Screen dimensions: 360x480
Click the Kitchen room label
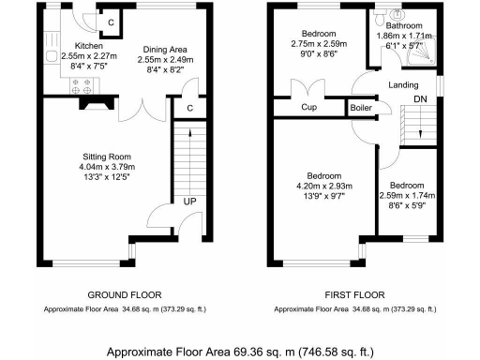62,45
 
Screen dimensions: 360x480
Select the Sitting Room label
105,157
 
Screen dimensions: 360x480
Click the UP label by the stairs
188,201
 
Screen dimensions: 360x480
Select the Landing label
404,85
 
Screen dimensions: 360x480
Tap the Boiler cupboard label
362,108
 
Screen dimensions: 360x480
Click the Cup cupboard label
307,108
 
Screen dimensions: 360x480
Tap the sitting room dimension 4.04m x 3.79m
105,170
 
